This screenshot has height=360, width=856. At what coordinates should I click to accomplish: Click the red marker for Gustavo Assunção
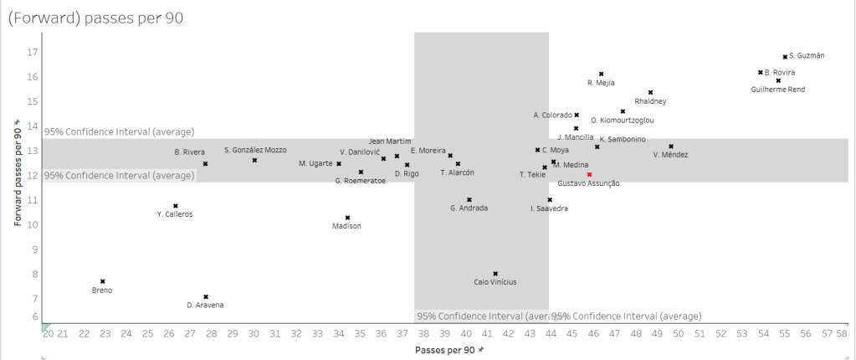pos(589,174)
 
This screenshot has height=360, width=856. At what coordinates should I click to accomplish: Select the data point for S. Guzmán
pos(785,56)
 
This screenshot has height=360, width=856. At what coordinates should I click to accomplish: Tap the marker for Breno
pos(102,281)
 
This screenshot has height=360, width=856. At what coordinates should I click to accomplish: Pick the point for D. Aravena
pos(205,296)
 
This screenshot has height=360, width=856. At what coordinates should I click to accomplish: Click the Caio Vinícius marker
pos(495,273)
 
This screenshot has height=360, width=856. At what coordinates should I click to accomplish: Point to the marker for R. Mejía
pos(601,74)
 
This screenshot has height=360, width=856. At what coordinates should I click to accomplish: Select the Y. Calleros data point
pos(175,205)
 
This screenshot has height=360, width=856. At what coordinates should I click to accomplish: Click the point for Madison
pos(347,217)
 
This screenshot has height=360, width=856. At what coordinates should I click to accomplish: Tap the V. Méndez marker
pos(671,146)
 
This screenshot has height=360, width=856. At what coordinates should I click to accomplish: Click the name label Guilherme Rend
pos(777,89)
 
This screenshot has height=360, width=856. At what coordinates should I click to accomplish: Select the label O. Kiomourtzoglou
pos(622,121)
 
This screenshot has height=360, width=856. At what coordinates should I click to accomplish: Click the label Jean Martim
pos(390,141)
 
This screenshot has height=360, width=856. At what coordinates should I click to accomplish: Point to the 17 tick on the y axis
pos(33,52)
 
